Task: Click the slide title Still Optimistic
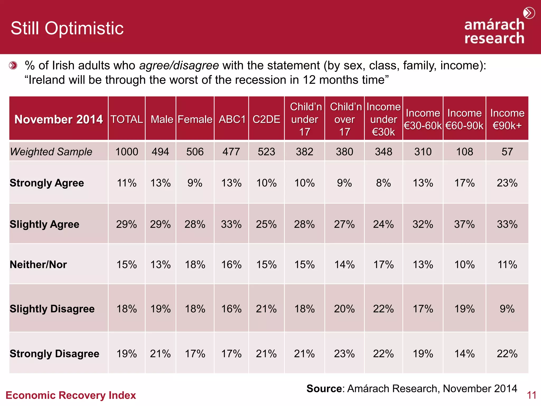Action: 67,28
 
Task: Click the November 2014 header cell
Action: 58,119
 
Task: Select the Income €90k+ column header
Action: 507,119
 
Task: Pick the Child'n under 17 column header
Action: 305,119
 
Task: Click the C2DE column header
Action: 266,119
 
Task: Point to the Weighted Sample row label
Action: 51,152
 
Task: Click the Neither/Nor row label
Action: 38,265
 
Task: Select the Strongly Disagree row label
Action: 54,354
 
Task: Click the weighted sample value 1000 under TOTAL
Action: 127,152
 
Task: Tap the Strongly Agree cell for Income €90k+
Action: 507,183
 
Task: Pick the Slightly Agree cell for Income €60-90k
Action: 464,224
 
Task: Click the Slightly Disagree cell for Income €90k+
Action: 507,309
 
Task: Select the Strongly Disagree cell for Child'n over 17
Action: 344,354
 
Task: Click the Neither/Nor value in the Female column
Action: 195,265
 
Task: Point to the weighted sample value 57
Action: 507,152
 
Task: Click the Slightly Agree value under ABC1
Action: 231,224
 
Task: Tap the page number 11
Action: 531,395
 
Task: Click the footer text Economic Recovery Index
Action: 71,395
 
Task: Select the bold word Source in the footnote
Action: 324,389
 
